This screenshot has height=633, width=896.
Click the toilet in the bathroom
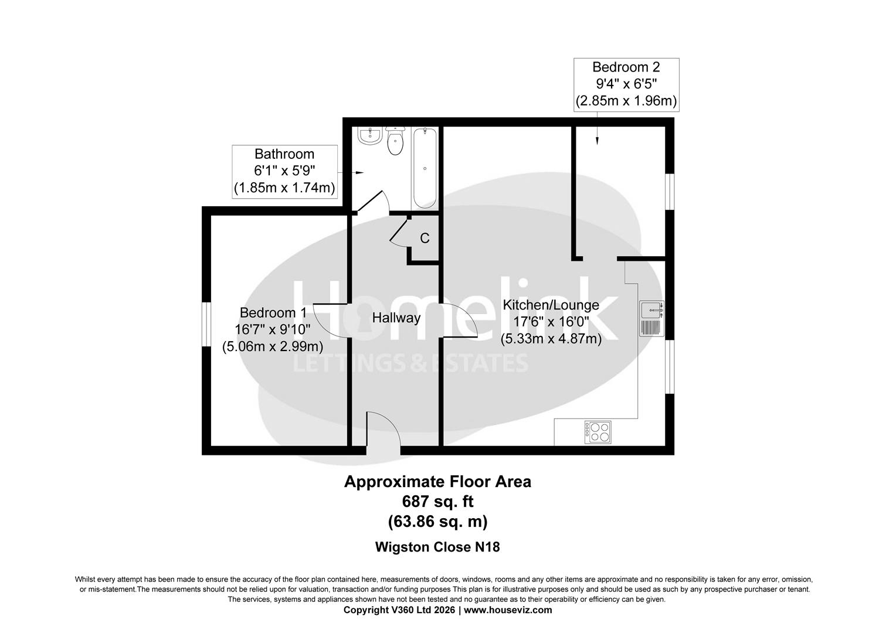(396, 142)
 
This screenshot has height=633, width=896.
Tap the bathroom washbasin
(369, 136)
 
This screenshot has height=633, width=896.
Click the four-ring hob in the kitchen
(597, 431)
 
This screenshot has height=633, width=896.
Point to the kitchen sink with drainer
(651, 318)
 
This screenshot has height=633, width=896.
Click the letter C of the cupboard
(425, 239)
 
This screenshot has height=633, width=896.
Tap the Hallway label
(396, 318)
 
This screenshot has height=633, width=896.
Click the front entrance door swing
(383, 431)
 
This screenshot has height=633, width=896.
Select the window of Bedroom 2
(670, 191)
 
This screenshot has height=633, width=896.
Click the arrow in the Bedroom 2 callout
(597, 139)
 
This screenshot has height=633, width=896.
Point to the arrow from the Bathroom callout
(359, 173)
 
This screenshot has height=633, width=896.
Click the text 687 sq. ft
(437, 502)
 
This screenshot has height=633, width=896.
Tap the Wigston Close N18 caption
(437, 547)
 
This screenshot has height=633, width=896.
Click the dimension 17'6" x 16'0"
(551, 322)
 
